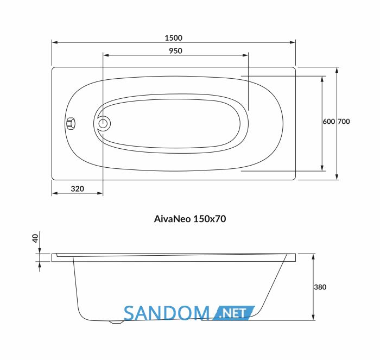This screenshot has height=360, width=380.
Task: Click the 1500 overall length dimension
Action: point(173,38)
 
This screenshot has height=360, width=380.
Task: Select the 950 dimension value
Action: point(175,50)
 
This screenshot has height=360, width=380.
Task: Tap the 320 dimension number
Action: point(77,188)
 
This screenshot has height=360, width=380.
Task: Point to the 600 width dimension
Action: point(328,122)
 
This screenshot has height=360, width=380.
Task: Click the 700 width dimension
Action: point(344,122)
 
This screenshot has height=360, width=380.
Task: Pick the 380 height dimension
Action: point(320,287)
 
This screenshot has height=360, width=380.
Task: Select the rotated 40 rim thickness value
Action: point(35,238)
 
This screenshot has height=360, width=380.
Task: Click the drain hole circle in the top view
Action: point(103,124)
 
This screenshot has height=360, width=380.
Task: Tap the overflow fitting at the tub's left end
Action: point(71,123)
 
